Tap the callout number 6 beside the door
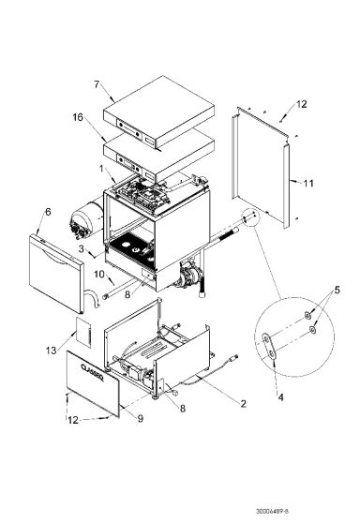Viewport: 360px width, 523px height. (x=46, y=213)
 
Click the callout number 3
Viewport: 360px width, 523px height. (x=82, y=248)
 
